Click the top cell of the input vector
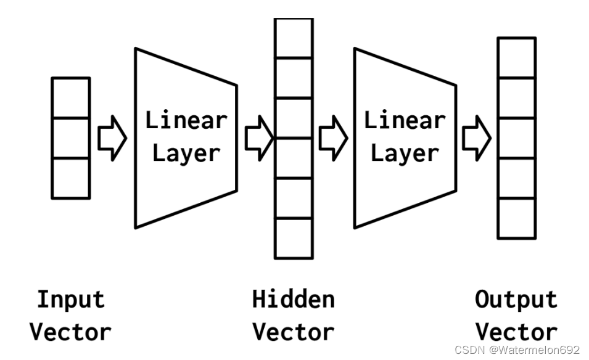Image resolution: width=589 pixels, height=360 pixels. point(71,97)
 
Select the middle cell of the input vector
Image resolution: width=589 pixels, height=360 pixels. point(71,137)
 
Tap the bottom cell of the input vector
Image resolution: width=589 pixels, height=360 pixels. point(71,178)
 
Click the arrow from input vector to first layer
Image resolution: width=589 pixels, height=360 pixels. point(112,138)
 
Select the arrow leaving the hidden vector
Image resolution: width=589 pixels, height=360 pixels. point(332,138)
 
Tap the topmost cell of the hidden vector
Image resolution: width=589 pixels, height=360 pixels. point(294,38)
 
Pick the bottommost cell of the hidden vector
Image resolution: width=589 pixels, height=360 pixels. point(294,238)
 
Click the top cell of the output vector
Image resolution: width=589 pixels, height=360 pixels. point(517,57)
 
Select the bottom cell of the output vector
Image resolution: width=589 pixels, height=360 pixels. point(517,218)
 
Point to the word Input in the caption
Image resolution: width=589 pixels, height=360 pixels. point(71,300)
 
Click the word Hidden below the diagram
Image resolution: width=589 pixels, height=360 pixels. point(294,300)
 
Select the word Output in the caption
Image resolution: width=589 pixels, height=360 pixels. point(516,300)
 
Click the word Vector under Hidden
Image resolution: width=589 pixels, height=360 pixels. point(294,332)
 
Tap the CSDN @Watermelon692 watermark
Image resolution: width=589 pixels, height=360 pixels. point(517,350)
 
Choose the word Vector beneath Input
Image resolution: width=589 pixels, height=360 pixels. point(71,332)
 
